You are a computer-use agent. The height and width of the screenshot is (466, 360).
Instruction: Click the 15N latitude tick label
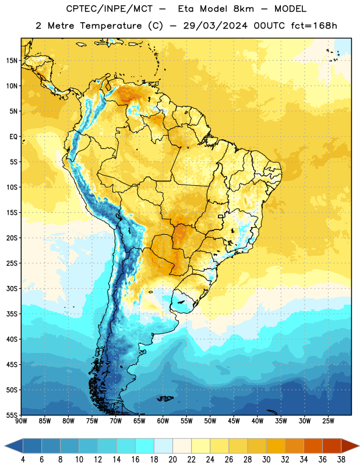click(x=12, y=61)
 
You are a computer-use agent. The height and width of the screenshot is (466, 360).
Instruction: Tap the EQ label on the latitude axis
click(x=13, y=137)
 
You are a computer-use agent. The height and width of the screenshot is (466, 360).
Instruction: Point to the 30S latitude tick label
click(x=12, y=288)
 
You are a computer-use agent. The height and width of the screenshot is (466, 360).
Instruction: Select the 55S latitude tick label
click(x=12, y=415)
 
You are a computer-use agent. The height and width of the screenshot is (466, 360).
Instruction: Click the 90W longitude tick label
click(x=21, y=421)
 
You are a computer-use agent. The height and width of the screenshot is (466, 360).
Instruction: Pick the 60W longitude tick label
click(x=163, y=421)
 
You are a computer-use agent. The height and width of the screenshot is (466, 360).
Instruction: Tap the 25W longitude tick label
click(x=328, y=421)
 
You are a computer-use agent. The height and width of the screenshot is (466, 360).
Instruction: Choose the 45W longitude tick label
click(x=234, y=421)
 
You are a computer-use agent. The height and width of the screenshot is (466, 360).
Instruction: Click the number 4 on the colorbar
click(x=23, y=460)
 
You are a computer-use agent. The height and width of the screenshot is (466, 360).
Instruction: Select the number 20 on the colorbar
click(x=172, y=460)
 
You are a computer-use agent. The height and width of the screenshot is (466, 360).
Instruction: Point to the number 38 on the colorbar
click(x=341, y=460)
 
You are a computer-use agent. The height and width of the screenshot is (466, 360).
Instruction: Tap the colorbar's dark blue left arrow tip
click(x=5, y=446)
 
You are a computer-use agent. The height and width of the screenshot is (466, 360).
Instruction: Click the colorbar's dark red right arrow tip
click(x=359, y=446)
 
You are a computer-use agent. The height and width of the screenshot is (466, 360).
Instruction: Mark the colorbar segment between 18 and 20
click(x=164, y=446)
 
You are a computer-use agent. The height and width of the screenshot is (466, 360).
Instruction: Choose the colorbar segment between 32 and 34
click(x=294, y=446)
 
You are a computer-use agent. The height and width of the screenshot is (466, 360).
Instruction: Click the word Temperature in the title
click(x=111, y=26)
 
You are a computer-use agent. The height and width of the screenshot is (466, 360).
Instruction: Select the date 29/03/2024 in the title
click(x=215, y=26)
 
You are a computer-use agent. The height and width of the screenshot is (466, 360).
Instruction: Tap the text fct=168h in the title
click(x=314, y=26)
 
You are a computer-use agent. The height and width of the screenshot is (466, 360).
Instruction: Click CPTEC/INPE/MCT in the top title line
click(x=109, y=9)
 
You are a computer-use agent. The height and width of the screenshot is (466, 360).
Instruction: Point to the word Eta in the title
click(x=186, y=9)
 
